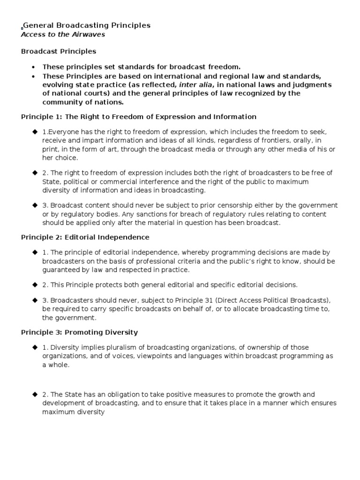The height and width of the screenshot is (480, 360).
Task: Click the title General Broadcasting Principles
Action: [87, 25]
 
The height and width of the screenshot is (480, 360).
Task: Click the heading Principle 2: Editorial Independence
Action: [85, 237]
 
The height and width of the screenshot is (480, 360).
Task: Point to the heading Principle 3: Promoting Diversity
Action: [80, 332]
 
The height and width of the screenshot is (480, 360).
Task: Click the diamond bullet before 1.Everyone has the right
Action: [34, 131]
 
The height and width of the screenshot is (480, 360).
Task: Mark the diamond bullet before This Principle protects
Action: [34, 285]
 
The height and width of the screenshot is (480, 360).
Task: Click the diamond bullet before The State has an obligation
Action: [34, 395]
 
